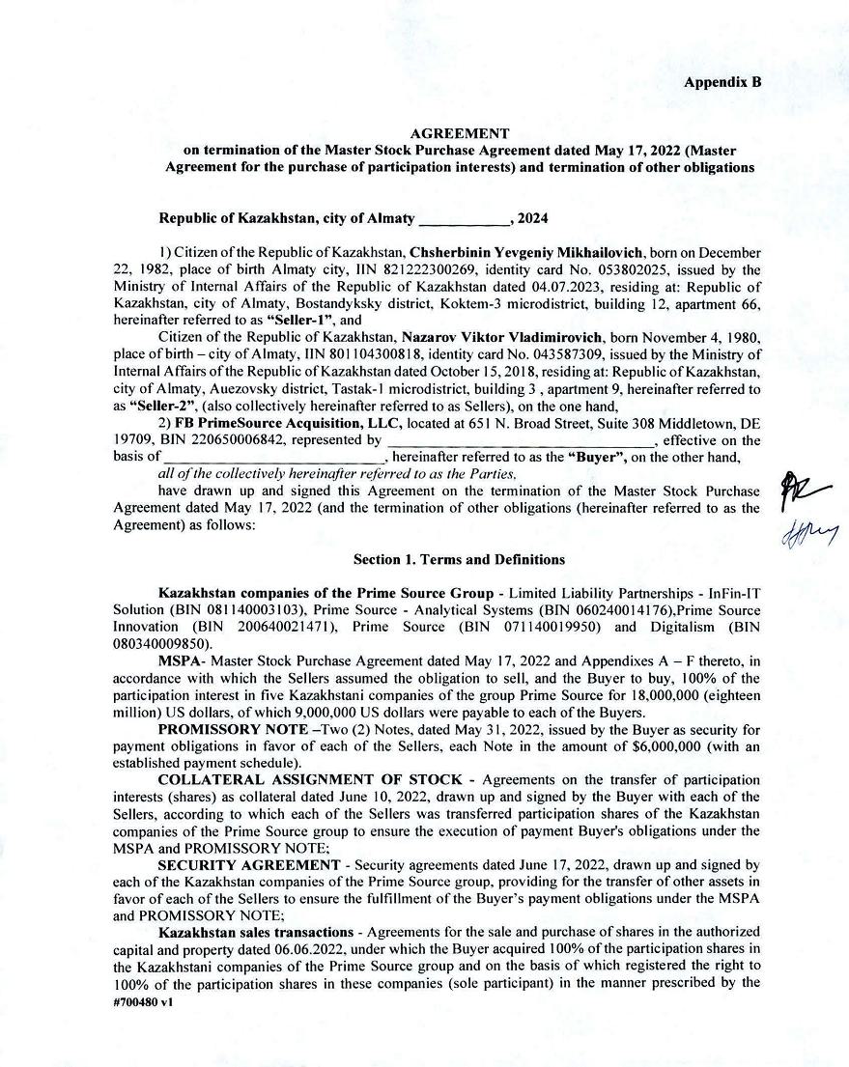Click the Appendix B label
tap(722, 82)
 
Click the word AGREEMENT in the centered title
tap(459, 134)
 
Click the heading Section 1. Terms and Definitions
tap(459, 559)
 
